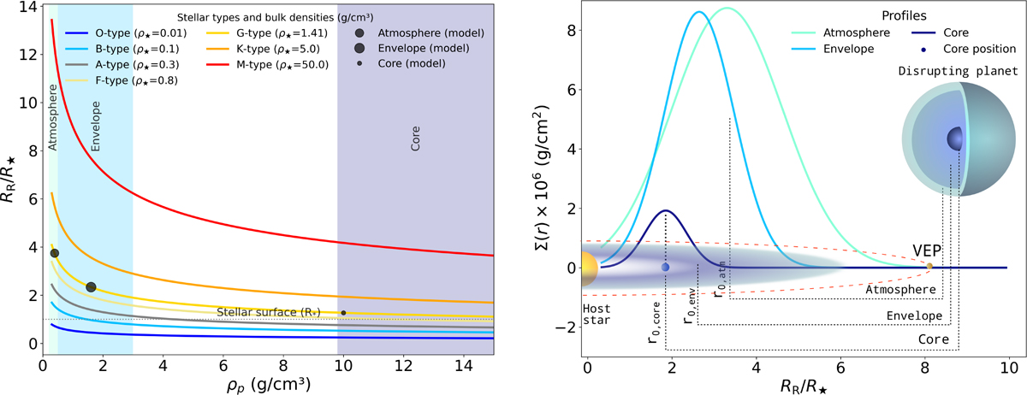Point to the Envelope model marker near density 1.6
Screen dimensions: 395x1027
pyautogui.click(x=92, y=287)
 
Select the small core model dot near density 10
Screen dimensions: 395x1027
pyautogui.click(x=343, y=313)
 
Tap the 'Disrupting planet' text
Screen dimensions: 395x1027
pyautogui.click(x=964, y=71)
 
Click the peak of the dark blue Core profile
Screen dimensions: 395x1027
pyautogui.click(x=666, y=211)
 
